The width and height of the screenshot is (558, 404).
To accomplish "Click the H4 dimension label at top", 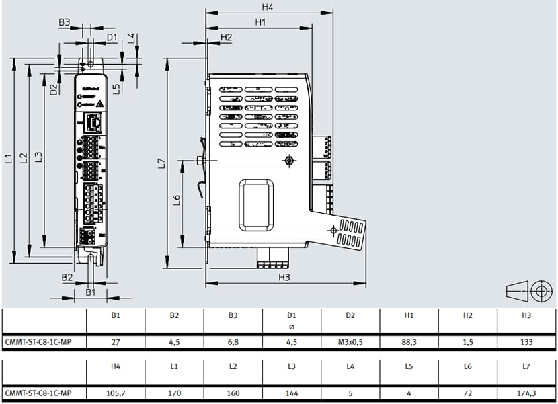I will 268,7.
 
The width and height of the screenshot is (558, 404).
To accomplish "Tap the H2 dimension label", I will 226,37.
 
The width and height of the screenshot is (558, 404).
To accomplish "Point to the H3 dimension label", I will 284,277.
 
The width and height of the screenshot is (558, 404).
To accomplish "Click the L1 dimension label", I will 9,159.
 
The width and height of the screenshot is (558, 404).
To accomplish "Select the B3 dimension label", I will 64,22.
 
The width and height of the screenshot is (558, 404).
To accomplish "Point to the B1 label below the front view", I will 91,292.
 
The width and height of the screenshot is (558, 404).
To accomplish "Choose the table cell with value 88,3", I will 409,342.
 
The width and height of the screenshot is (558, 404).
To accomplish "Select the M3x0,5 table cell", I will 350,342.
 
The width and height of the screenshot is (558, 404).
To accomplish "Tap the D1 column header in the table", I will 291,315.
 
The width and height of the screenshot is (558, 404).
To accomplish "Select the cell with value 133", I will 526,342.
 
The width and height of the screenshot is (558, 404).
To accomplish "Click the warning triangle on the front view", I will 98,104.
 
